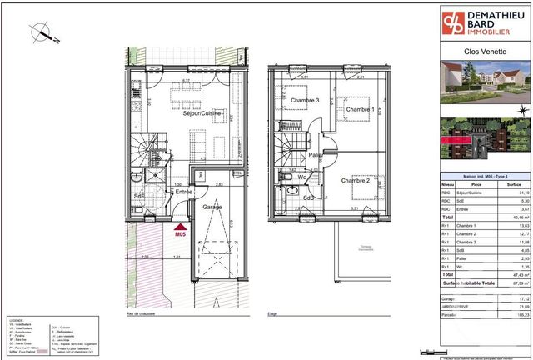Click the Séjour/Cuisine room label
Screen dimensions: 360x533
[x=190, y=113]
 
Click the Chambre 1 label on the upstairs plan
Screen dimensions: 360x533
[x=359, y=110]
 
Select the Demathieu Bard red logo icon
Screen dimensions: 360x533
[x=453, y=22]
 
